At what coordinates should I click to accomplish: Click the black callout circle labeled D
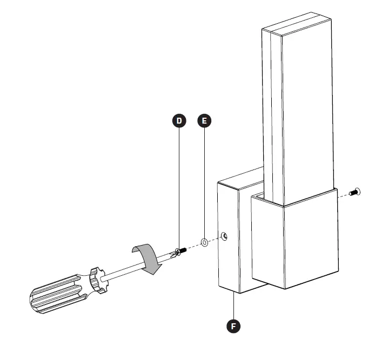[179, 120]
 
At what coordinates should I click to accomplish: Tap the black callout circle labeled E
[204, 120]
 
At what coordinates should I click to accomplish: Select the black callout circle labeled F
[233, 325]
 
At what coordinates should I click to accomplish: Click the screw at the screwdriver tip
[180, 250]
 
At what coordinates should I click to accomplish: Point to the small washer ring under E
[205, 242]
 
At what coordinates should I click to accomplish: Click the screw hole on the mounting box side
[224, 235]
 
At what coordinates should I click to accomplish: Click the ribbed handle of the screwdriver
[54, 294]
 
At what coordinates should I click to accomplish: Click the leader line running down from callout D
[179, 184]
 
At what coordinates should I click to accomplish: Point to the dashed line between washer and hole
[215, 239]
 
